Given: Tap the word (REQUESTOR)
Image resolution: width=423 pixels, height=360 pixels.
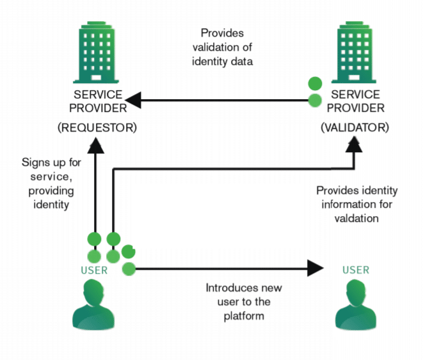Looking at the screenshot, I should pos(97,127).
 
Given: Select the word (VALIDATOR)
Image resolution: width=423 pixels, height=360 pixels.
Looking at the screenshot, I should pos(354,127).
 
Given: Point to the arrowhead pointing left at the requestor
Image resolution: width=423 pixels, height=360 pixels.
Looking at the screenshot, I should pos(134,100).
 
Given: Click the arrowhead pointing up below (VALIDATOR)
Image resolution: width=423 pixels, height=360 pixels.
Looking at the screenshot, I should pos(354,146).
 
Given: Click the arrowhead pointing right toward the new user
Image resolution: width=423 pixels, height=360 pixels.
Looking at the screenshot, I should pos(317,268).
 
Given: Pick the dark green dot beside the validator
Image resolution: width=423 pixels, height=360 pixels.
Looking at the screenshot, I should pos(314,83).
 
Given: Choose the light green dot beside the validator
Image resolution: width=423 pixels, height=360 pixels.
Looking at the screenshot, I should pos(314,100).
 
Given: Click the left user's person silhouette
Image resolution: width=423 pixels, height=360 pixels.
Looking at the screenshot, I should pos(95,308).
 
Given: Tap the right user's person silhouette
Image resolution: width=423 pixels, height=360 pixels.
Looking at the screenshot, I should pos(355,308).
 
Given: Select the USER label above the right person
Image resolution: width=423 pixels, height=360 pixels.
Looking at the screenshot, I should pos(355,270).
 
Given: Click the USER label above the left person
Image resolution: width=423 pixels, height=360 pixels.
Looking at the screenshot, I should pos(94,270).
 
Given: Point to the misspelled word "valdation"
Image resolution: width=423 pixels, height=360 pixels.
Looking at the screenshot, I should pos(356,218).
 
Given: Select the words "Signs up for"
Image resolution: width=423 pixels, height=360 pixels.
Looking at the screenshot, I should pos(49,163).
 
